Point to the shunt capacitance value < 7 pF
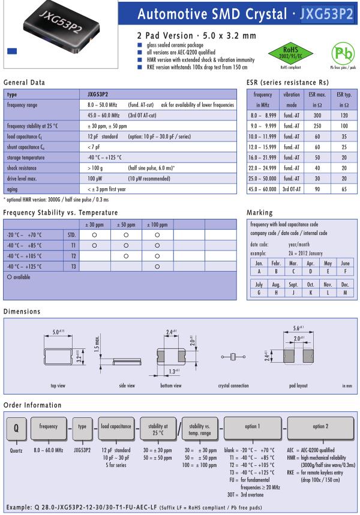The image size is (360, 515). pyautogui.click(x=94, y=147)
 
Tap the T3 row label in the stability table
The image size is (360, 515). pyautogui.click(x=73, y=266)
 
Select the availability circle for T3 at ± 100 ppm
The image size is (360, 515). pyautogui.click(x=157, y=266)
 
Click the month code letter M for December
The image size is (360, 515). pyautogui.click(x=345, y=293)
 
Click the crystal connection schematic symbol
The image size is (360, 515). pyautogui.click(x=232, y=357)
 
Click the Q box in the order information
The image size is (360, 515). pyautogui.click(x=16, y=427)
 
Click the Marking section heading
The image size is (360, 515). pyautogui.click(x=259, y=212)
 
